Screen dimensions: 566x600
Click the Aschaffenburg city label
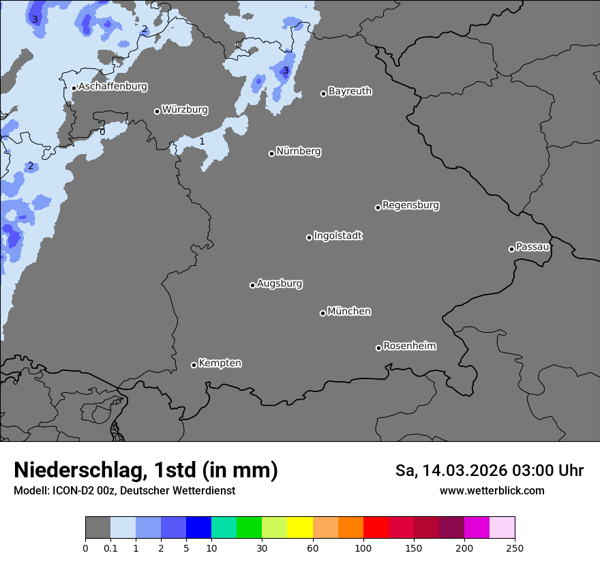112,87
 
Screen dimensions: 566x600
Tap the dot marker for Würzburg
157,111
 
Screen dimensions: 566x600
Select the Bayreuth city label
350,91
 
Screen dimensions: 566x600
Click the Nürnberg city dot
271,153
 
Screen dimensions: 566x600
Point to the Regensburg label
410,205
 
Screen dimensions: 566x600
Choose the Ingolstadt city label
337,236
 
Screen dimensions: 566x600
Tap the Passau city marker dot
511,249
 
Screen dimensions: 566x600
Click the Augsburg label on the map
280,284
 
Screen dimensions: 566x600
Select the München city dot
322,313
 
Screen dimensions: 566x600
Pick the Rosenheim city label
409,346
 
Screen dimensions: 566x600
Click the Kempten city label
220,363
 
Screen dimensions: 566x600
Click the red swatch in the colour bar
376,528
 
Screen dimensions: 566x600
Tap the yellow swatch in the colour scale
300,528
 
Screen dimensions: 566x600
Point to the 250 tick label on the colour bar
515,548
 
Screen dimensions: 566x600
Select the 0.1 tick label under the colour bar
110,548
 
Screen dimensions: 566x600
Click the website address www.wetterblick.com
492,491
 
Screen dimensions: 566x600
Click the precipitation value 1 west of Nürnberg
202,142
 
